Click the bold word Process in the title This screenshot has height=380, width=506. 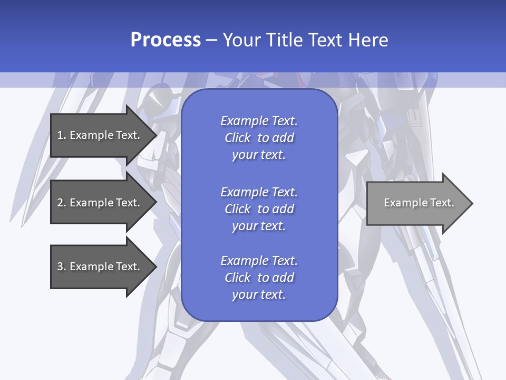click(166, 40)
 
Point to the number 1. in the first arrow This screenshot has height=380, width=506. click(62, 135)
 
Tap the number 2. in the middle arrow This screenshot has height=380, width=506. click(62, 203)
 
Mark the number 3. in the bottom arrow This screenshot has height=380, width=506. click(62, 267)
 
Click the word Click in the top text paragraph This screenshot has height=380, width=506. click(237, 138)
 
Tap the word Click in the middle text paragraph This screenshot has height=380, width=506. click(237, 210)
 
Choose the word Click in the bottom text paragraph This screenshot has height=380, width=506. click(237, 278)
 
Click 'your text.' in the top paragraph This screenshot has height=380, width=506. click(259, 155)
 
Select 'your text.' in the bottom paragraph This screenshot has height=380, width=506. click(259, 295)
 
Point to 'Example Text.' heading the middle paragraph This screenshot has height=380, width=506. click(259, 192)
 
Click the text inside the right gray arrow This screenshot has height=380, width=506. click(419, 203)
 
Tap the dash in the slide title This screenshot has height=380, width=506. click(211, 41)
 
